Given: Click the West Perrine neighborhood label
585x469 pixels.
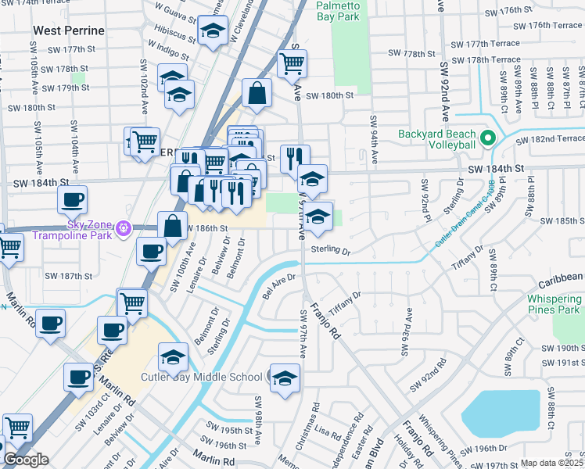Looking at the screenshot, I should [x=69, y=30].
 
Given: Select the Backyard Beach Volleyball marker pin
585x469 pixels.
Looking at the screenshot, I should [x=488, y=139].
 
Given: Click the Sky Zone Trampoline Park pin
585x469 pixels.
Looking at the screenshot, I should [x=122, y=229].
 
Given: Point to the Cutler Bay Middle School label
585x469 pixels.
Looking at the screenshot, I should [x=201, y=377].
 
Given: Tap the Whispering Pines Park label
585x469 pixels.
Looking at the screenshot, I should [x=554, y=305].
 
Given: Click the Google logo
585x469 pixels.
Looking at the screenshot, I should [x=26, y=460].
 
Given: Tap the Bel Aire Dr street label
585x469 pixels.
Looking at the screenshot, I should [x=279, y=285].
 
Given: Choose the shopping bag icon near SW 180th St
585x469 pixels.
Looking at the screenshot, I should [x=257, y=93].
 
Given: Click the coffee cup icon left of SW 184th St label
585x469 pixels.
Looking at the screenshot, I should [x=72, y=199].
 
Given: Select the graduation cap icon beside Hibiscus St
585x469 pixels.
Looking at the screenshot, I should [x=212, y=31].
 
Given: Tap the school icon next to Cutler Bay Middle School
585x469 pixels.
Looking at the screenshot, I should [x=285, y=378].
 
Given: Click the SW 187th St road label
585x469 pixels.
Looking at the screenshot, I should [x=68, y=276].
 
